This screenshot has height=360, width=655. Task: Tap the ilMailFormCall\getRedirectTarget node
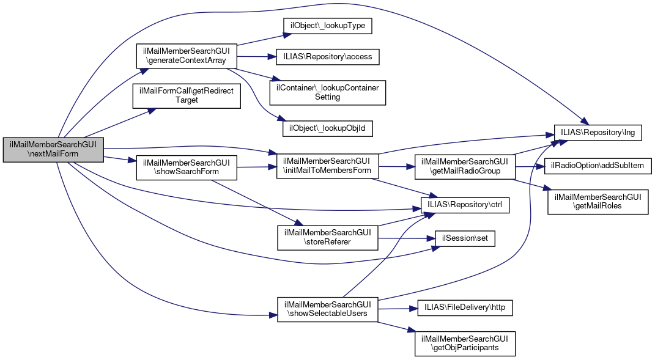coord(187,95)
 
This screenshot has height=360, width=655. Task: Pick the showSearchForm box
coord(186,167)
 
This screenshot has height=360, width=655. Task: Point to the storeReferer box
coord(328,237)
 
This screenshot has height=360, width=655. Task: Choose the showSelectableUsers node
coord(328,309)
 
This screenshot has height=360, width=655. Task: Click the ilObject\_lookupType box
coord(327,27)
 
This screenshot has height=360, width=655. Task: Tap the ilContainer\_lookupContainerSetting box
coord(328,92)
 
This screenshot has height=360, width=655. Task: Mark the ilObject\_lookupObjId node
coord(328,128)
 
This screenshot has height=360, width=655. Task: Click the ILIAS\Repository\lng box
coord(597,132)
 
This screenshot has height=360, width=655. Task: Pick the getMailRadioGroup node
coord(465,166)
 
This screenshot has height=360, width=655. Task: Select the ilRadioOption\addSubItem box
coord(598,166)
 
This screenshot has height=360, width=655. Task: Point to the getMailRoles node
coord(598,202)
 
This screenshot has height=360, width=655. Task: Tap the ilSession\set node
coord(465,238)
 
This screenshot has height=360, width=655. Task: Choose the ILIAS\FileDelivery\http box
coord(464,308)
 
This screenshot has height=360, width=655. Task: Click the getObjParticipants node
coord(465,344)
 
